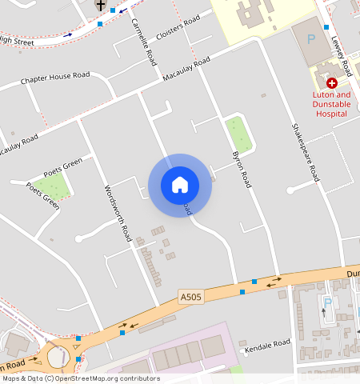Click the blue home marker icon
point(180,185)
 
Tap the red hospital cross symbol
point(332,82)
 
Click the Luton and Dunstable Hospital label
point(330,103)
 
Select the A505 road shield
point(190,297)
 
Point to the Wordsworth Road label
point(117,214)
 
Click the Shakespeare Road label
point(305,151)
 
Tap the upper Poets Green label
point(63,169)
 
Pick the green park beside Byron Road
point(238,134)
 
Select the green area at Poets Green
point(53,186)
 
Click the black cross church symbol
point(100,5)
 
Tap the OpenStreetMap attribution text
point(80,378)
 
